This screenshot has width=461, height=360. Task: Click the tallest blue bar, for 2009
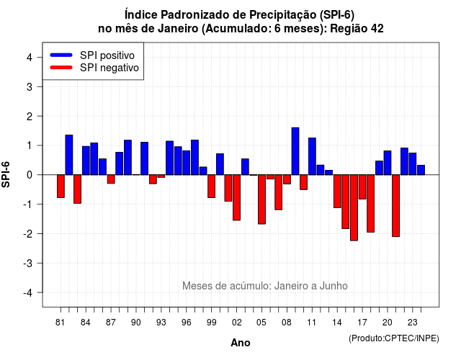(295, 151)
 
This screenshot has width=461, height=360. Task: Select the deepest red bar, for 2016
(354, 208)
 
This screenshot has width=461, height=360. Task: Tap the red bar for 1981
(61, 186)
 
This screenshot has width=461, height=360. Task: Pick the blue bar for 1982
(69, 155)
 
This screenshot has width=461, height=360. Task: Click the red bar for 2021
(395, 206)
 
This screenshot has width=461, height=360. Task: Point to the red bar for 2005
(261, 199)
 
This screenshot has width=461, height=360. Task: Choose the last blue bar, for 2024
(421, 170)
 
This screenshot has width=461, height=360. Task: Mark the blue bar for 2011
(312, 156)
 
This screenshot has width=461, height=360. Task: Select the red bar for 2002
(237, 197)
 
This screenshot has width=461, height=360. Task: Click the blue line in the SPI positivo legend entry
(61, 55)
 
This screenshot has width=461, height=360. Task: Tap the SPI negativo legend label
(109, 68)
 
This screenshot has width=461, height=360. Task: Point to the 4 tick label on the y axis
(30, 58)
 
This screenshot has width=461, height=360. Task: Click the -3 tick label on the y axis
(28, 263)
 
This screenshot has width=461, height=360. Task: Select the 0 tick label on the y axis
(30, 175)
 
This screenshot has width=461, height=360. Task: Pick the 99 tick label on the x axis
(211, 323)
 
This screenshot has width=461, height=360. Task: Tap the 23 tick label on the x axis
(413, 323)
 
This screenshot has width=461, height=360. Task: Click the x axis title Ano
(241, 343)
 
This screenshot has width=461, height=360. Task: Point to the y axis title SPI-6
(6, 174)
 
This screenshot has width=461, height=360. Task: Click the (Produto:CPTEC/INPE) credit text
(394, 338)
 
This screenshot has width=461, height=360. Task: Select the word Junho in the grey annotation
(334, 286)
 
